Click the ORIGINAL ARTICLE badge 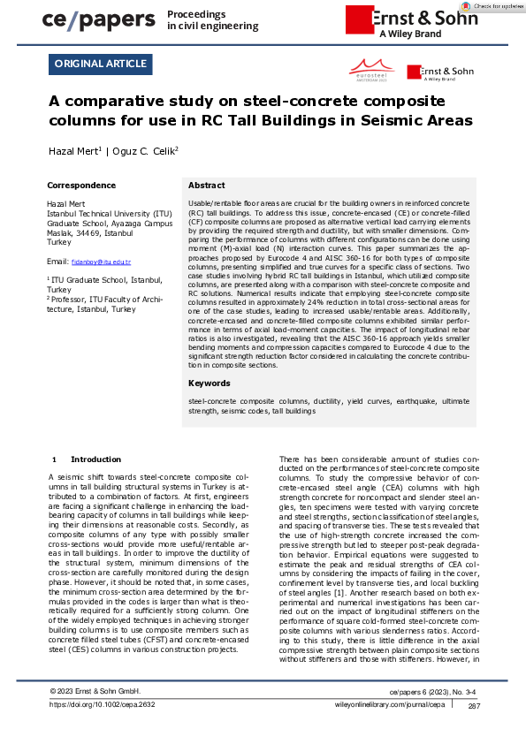tap(102, 64)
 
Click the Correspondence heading tap(80, 186)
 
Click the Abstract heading tap(207, 186)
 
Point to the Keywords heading tap(210, 383)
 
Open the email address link tap(101, 262)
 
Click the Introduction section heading tap(95, 459)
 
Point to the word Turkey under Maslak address tap(58, 241)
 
